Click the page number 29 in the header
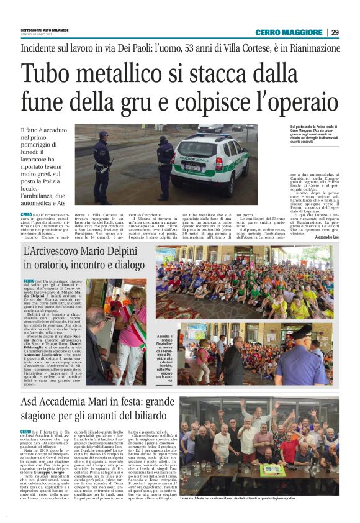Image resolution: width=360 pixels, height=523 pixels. pos(335,32)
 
